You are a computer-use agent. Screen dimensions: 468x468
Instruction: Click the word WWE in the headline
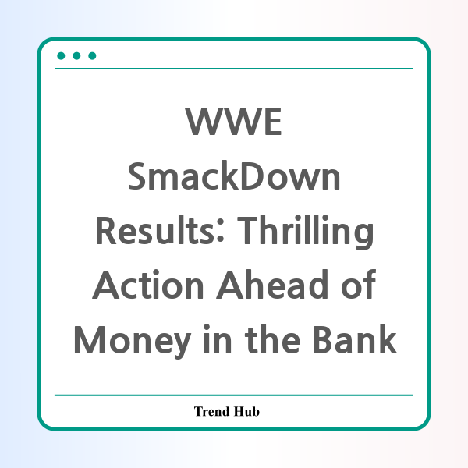click(x=233, y=121)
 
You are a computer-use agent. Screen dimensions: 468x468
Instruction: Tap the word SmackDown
click(x=234, y=175)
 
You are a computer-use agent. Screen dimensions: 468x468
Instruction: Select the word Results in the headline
click(x=155, y=230)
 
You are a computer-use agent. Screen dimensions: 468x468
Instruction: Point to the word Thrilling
click(x=305, y=232)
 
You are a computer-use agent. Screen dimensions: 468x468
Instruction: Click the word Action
click(x=148, y=284)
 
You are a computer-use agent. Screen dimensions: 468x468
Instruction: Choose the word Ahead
click(x=272, y=284)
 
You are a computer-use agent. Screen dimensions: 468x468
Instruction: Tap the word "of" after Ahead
click(x=358, y=284)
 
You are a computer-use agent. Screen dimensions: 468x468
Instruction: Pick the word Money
click(x=133, y=342)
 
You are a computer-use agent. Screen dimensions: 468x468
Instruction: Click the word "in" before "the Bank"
click(x=218, y=339)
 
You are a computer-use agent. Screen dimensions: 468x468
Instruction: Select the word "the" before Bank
click(x=272, y=339)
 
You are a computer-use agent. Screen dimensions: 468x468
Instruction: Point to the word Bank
click(x=355, y=339)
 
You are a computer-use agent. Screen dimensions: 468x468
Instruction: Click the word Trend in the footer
click(x=211, y=411)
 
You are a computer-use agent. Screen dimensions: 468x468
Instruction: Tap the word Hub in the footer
click(x=246, y=411)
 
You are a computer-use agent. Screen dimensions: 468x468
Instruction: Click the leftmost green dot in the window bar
click(x=61, y=56)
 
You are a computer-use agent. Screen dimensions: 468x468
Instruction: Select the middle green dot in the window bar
click(x=76, y=56)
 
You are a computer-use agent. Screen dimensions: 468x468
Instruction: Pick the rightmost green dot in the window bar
click(x=92, y=56)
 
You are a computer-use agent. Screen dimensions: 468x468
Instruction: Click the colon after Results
click(x=221, y=230)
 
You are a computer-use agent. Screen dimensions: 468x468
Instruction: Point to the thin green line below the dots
click(x=234, y=69)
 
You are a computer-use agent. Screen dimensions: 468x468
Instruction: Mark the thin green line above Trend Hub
click(x=234, y=395)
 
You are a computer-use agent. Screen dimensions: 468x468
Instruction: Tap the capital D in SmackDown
click(x=252, y=176)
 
